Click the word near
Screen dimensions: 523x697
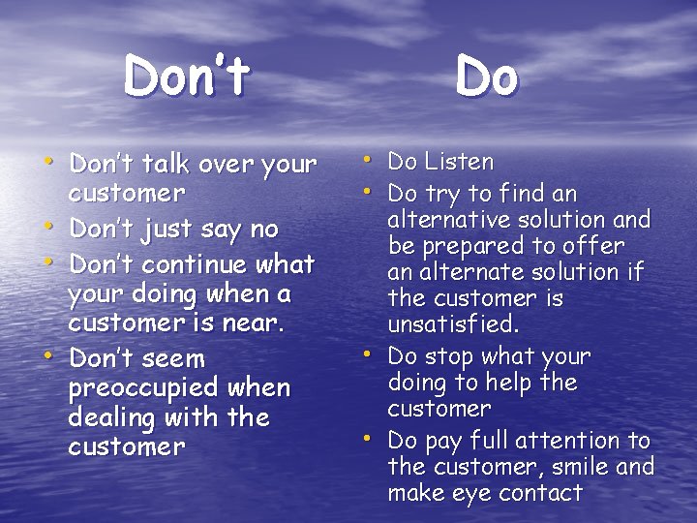pyautogui.click(x=256, y=322)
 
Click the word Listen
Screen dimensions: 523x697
pyautogui.click(x=460, y=162)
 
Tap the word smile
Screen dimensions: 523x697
pyautogui.click(x=584, y=467)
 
